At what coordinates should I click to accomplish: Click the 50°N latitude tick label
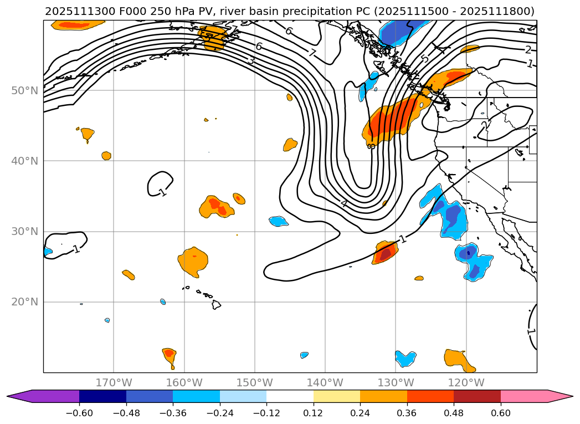tap(24, 90)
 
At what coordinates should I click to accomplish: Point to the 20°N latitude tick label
tap(24, 302)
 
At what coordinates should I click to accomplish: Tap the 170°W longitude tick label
tap(114, 382)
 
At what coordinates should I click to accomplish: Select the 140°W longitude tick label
tap(325, 382)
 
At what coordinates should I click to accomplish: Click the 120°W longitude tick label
tap(466, 382)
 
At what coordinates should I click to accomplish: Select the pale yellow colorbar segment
tap(336, 396)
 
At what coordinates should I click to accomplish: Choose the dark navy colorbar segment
tap(102, 396)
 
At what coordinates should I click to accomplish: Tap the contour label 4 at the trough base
tap(344, 204)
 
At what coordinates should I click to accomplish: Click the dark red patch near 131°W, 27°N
tap(385, 254)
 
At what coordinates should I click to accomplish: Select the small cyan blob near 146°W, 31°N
tap(279, 221)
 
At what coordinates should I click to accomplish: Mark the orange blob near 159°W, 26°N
tap(193, 261)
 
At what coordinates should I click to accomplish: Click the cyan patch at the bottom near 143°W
tap(304, 355)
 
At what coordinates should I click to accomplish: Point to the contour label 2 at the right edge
tap(528, 50)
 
